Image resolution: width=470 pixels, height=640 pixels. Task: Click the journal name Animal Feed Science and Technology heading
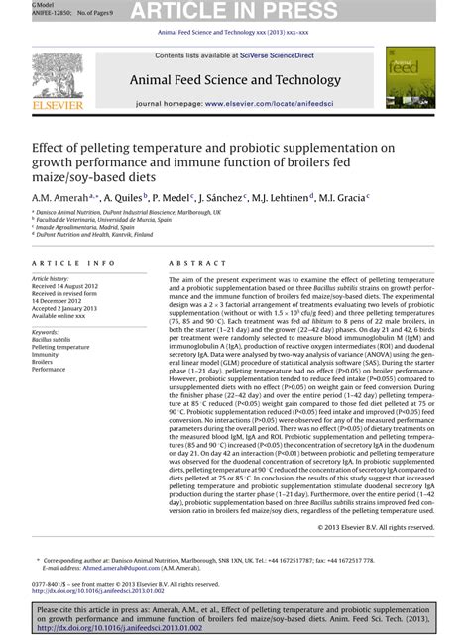click(234, 80)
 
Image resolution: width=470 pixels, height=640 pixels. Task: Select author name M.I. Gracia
click(339, 198)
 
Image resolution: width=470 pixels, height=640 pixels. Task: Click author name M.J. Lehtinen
click(283, 198)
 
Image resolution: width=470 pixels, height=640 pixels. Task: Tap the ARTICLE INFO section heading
click(70, 263)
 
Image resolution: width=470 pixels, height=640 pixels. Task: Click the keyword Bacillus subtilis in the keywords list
click(52, 339)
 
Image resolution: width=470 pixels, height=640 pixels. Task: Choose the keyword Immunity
click(47, 355)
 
